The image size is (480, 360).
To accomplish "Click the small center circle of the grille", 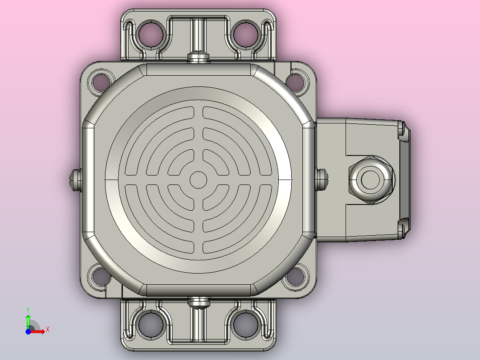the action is (x=199, y=180).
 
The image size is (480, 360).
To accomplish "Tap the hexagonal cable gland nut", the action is (x=371, y=180).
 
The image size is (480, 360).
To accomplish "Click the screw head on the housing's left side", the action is (x=75, y=180).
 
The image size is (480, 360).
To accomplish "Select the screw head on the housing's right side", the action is (x=321, y=180).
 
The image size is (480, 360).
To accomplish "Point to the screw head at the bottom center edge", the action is (x=199, y=303).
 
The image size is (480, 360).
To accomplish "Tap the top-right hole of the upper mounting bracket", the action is (x=245, y=33).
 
